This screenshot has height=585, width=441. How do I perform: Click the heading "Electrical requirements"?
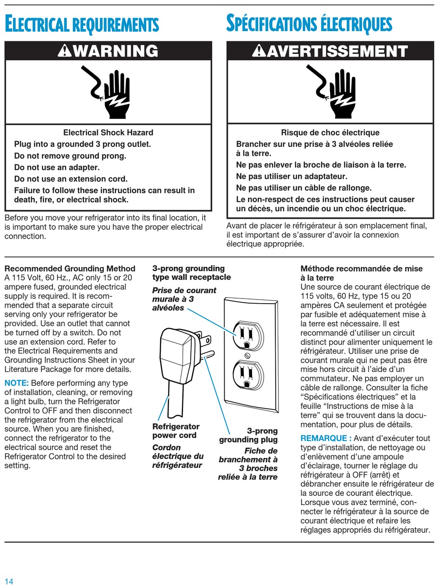tap(82, 25)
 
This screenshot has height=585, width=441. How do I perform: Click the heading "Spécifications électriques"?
tap(309, 24)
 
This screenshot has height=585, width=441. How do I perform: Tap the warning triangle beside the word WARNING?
tap(64, 51)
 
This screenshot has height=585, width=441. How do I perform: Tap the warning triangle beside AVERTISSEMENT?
tap(259, 51)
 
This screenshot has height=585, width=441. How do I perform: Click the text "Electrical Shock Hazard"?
tap(108, 132)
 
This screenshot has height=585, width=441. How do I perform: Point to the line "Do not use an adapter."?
tap(57, 167)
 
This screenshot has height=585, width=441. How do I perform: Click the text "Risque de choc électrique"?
tap(331, 132)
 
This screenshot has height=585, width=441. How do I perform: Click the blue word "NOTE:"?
tap(17, 383)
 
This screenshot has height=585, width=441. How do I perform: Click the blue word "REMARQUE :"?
tap(326, 438)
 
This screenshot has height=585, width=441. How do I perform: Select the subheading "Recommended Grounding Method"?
tap(70, 268)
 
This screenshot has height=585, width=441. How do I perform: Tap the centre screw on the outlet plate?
tap(247, 356)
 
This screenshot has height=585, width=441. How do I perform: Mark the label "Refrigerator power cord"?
tap(176, 431)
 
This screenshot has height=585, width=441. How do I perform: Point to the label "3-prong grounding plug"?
tap(248, 435)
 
